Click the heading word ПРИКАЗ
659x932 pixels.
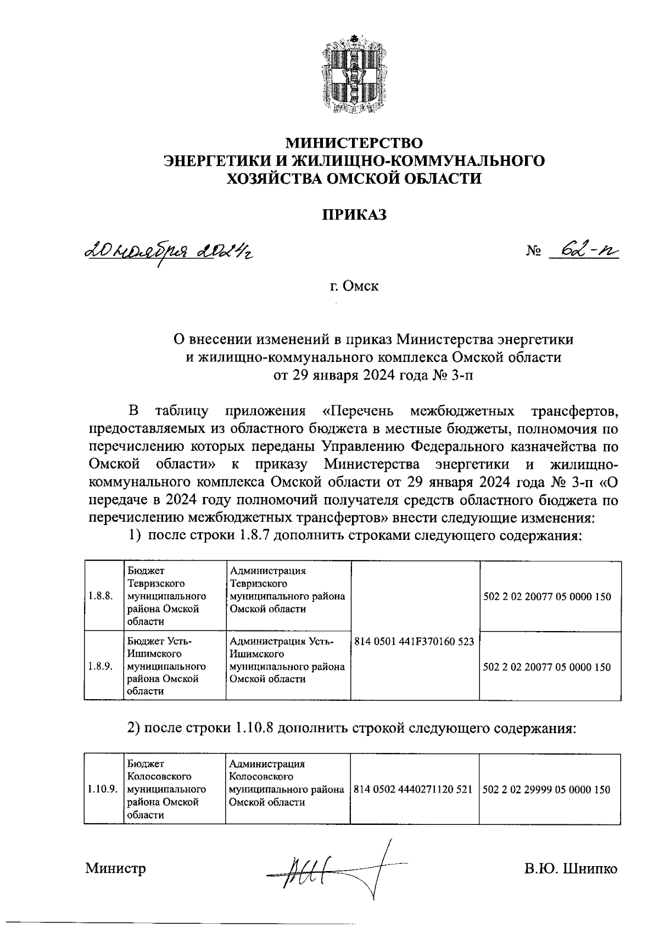click(x=354, y=215)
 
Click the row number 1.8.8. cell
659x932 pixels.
click(x=100, y=596)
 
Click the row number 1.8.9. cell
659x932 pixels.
click(x=100, y=666)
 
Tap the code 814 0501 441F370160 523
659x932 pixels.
click(x=415, y=641)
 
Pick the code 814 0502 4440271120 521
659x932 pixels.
click(x=414, y=790)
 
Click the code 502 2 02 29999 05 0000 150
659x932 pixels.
click(x=546, y=790)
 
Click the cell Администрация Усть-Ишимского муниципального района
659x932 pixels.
click(x=287, y=660)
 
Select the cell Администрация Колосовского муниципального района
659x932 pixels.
click(x=287, y=783)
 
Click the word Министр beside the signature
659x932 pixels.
click(x=115, y=868)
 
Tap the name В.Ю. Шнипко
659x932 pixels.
click(x=571, y=869)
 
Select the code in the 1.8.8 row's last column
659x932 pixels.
click(x=546, y=596)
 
